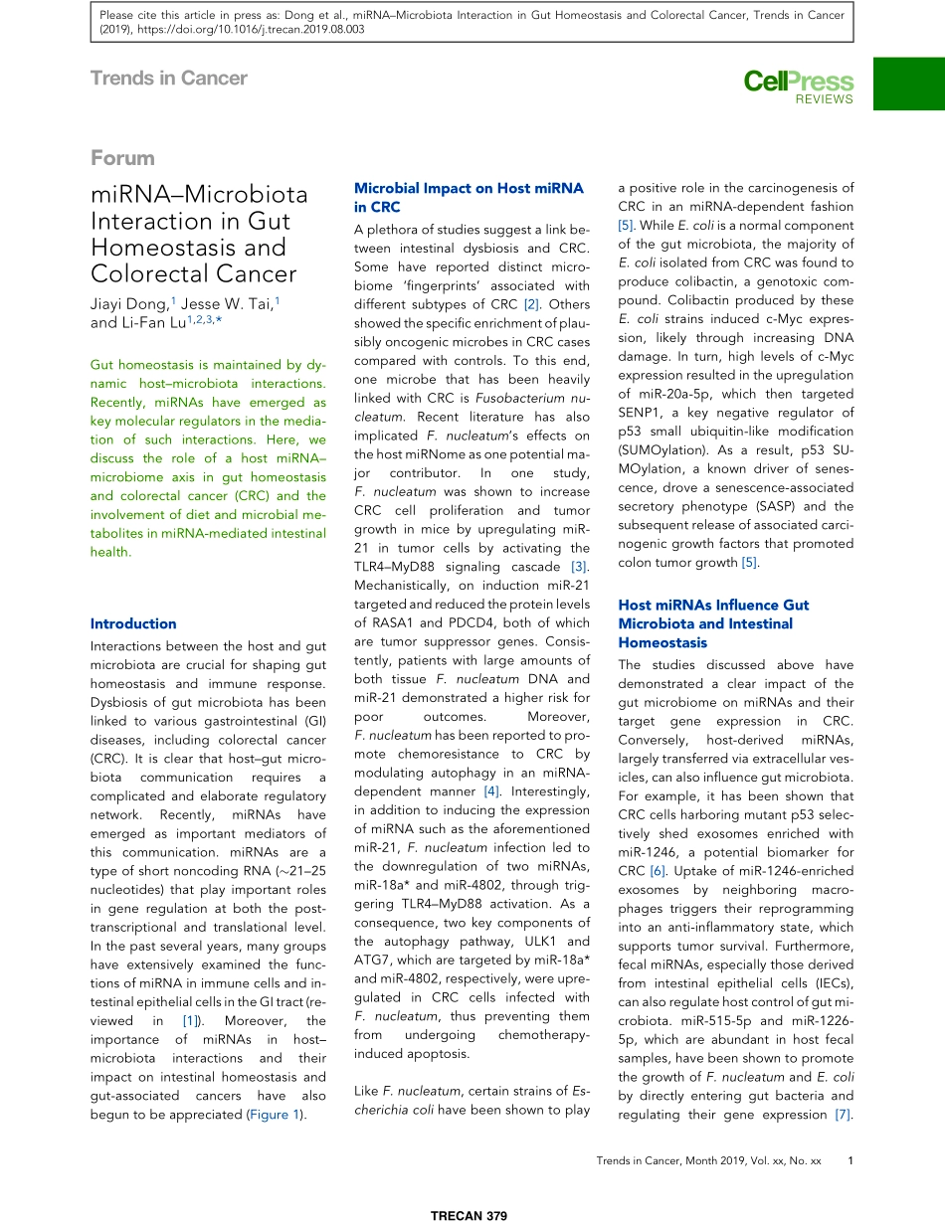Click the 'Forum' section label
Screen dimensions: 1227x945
coord(122,157)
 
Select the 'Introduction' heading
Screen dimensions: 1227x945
coord(132,623)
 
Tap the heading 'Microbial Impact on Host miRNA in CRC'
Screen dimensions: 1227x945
coord(469,197)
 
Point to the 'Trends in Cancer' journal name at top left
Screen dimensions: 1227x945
coord(168,78)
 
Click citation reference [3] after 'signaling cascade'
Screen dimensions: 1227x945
coord(578,567)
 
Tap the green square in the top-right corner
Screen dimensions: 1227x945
coord(908,83)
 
